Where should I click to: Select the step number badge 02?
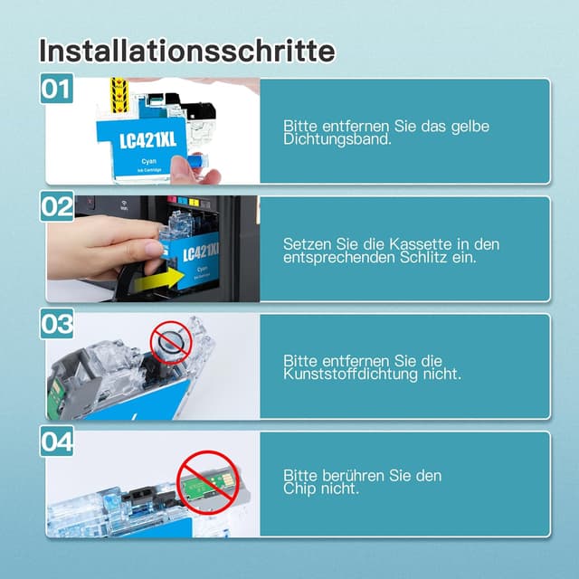57,207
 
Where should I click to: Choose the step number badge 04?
57,442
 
